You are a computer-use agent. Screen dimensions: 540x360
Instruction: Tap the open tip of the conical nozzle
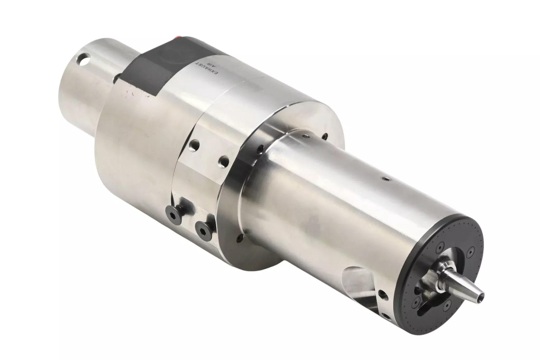480,292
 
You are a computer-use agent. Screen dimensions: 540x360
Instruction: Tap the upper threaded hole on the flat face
195,146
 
